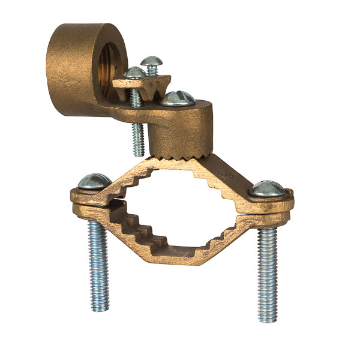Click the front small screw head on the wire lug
point(134,73)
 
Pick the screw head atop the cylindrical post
point(178,98)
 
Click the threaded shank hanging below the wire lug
point(138,135)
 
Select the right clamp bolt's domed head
point(268,188)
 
